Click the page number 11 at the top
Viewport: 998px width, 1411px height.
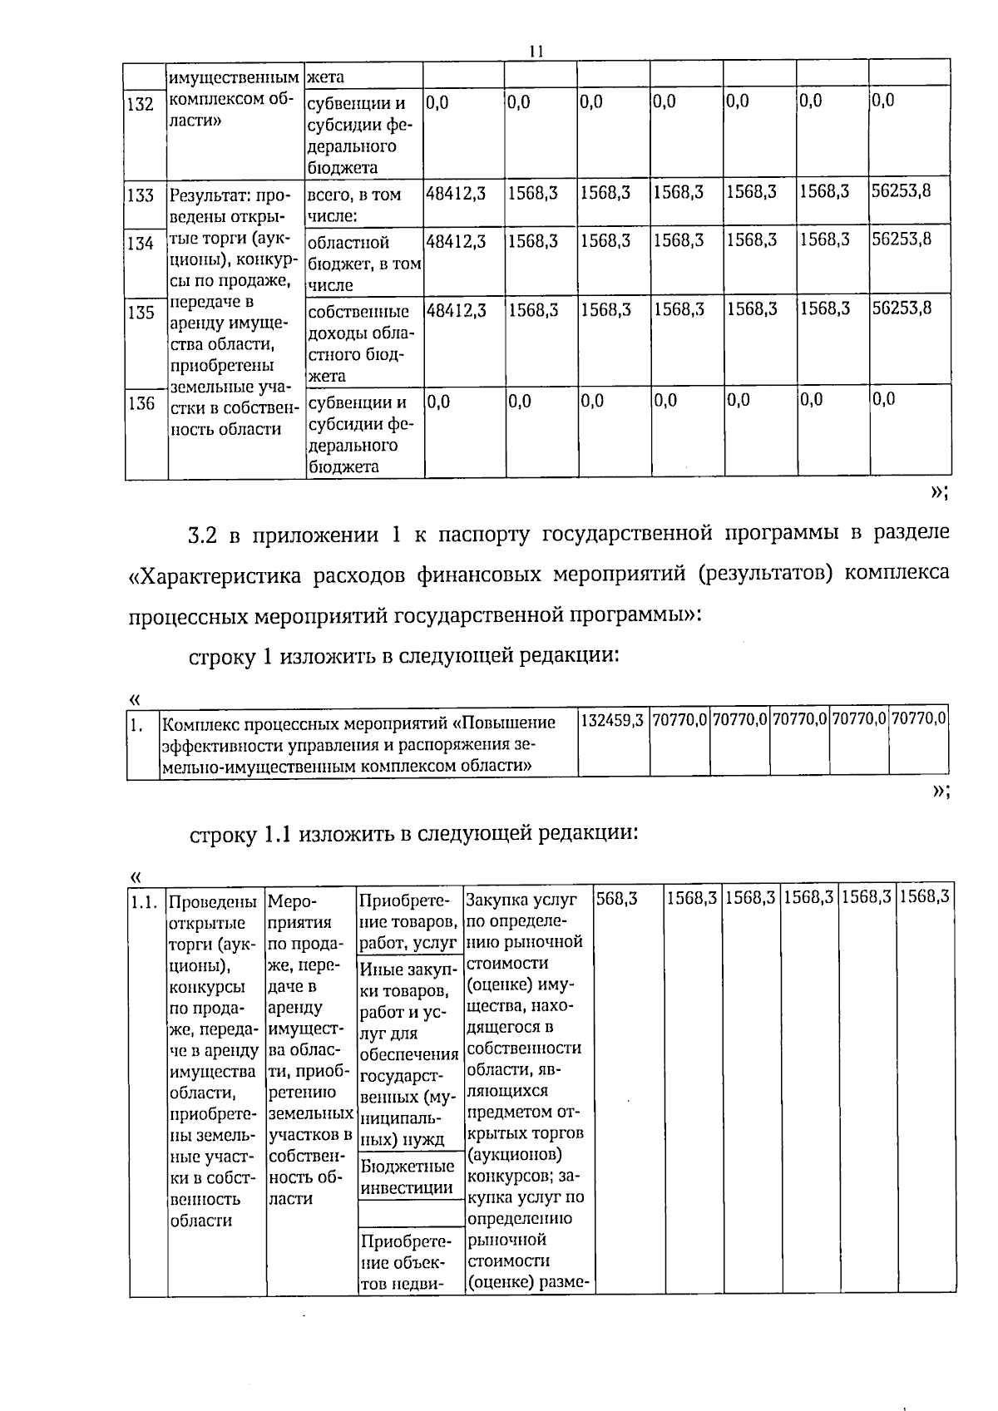[536, 52]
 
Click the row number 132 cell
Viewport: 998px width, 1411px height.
[141, 105]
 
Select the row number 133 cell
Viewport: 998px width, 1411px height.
[141, 195]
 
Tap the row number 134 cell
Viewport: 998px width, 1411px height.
[141, 243]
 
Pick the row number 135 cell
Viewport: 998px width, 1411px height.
[141, 313]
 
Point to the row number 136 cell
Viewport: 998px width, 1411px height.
[141, 403]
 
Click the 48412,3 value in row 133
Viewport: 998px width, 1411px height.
[455, 193]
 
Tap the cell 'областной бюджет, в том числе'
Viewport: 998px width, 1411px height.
[363, 264]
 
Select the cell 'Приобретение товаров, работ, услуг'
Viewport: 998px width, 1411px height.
[408, 921]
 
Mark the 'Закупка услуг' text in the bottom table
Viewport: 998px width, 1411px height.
[521, 900]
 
